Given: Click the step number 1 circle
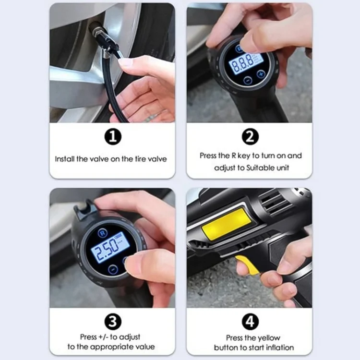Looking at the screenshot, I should (112, 137).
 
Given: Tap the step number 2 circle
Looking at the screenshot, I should (250, 137).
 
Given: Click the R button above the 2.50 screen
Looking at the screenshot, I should (102, 232).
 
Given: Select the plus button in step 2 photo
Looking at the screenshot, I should (261, 74).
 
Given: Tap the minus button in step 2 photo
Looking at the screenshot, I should (247, 80).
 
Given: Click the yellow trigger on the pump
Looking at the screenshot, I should (249, 264).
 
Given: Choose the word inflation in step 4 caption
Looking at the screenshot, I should (279, 347).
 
